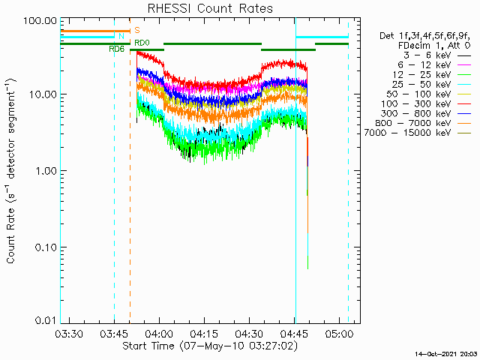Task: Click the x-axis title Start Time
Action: tap(209, 347)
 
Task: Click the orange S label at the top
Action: tap(136, 30)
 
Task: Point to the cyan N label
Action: tap(121, 36)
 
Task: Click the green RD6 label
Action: tap(116, 49)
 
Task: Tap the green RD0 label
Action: tap(142, 43)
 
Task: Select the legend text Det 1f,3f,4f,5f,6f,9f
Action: tap(425, 35)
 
